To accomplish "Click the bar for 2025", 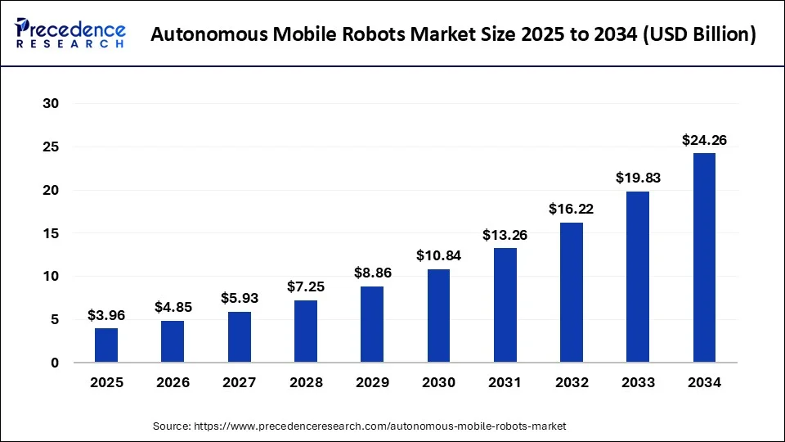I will [106, 345].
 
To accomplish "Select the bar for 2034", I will [704, 258].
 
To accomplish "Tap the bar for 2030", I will [438, 316].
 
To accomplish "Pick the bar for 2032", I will [572, 292].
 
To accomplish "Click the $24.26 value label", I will [704, 140].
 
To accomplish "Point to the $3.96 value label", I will [106, 315].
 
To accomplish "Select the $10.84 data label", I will [438, 255].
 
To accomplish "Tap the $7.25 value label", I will [306, 286].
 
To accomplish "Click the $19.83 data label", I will [638, 178].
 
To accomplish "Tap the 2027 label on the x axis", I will [240, 382].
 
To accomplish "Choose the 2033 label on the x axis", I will [638, 382].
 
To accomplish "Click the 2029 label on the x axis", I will [372, 382].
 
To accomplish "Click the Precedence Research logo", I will [70, 34].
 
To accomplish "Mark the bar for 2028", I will [306, 331].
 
